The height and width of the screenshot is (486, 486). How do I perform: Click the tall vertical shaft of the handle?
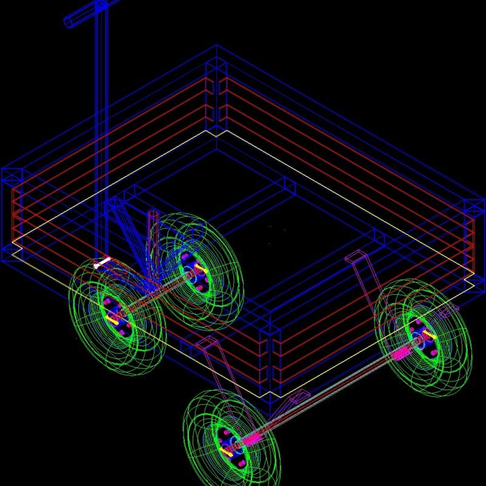[101, 122]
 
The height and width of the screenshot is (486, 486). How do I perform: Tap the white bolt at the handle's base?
[103, 262]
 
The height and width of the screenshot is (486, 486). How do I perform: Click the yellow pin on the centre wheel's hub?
[199, 268]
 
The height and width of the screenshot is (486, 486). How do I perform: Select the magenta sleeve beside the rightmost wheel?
[401, 352]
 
